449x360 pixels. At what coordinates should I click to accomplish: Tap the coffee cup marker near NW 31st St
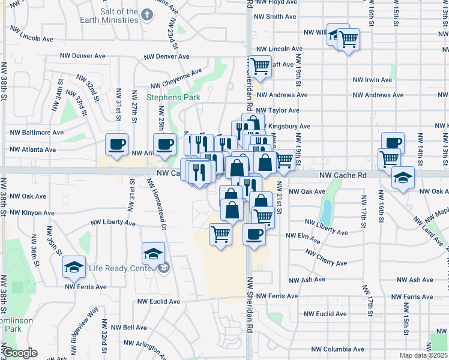(x=116, y=144)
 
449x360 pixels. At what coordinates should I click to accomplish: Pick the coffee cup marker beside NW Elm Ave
(x=254, y=233)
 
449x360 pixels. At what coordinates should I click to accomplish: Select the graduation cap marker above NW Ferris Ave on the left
(x=74, y=267)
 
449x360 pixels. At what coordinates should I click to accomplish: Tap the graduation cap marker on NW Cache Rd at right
(x=402, y=178)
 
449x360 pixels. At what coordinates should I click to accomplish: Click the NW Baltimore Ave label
(x=37, y=132)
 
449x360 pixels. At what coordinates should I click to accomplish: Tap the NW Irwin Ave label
(x=372, y=79)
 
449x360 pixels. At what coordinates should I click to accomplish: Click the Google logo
(x=20, y=353)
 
